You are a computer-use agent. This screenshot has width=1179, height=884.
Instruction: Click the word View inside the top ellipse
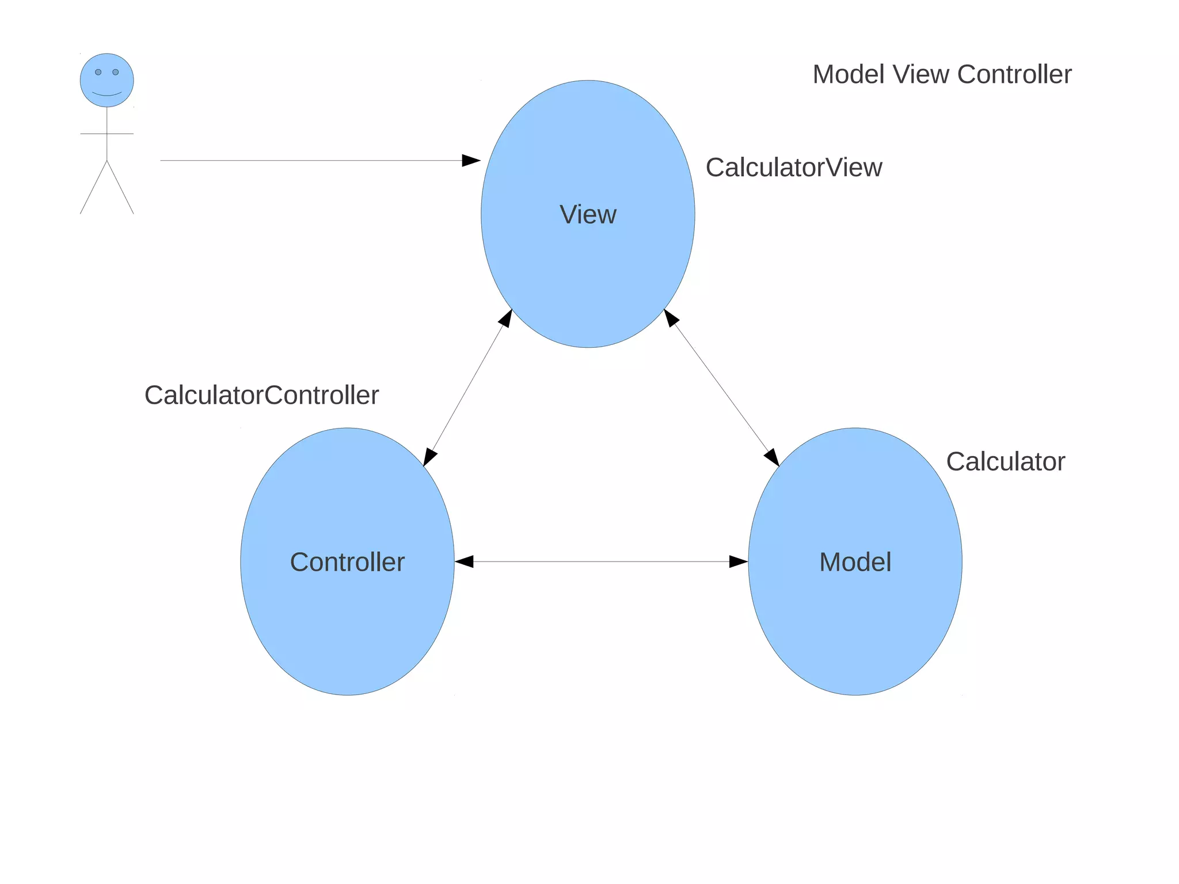click(588, 215)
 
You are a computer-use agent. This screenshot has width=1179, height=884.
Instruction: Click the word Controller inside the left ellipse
click(347, 562)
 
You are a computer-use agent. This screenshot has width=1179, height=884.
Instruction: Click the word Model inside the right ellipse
click(855, 562)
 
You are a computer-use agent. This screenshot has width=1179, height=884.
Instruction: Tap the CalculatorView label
click(793, 168)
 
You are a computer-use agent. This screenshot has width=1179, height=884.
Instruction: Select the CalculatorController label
click(261, 395)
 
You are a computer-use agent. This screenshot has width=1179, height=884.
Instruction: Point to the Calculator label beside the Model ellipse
click(1005, 462)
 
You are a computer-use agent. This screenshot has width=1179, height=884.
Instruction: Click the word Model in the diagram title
click(849, 75)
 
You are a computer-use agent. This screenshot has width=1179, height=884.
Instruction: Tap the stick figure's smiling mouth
click(107, 94)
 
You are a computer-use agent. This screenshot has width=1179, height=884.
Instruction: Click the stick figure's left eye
click(98, 72)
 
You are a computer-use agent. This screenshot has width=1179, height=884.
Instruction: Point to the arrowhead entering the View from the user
click(471, 160)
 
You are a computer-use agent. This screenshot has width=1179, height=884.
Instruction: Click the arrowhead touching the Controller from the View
click(429, 458)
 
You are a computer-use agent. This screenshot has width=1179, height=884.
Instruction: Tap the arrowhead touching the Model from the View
click(772, 457)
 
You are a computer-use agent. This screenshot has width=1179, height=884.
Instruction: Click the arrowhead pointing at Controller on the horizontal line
click(464, 561)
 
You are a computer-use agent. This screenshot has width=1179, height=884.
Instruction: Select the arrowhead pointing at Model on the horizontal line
click(738, 561)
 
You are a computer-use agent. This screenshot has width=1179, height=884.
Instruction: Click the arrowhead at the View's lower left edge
click(506, 318)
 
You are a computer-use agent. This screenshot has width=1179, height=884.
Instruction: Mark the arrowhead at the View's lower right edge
click(671, 318)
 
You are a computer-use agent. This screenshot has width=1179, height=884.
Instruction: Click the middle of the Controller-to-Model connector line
click(601, 561)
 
